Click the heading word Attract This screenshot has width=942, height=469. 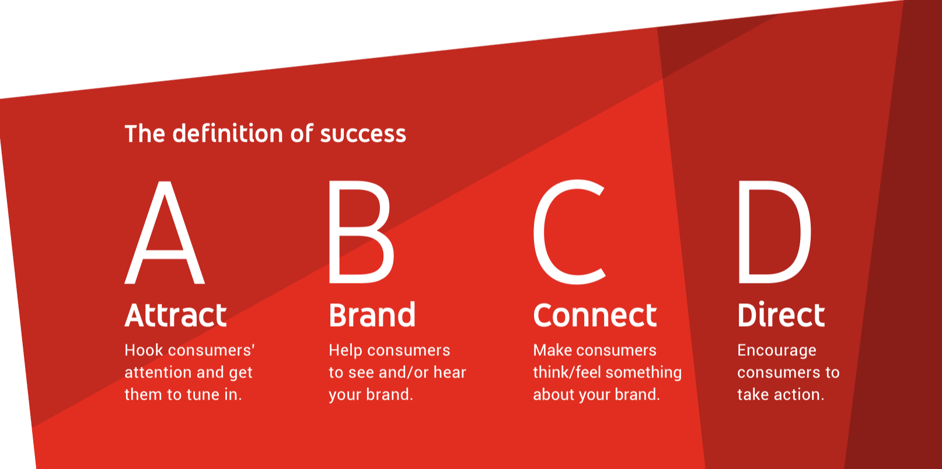pyautogui.click(x=176, y=315)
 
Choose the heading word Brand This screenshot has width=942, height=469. pyautogui.click(x=372, y=314)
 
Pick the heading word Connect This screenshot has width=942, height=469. pyautogui.click(x=595, y=315)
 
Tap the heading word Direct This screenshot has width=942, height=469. pyautogui.click(x=781, y=314)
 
